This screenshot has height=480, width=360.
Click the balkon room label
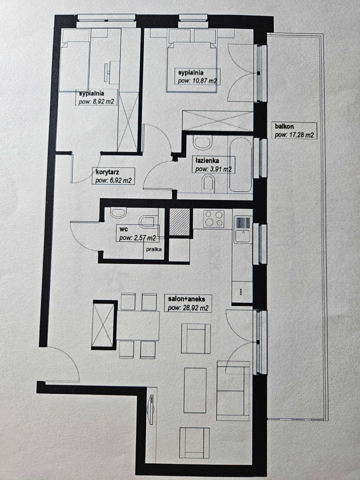pyautogui.click(x=284, y=126)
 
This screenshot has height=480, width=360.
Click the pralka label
pyautogui.click(x=153, y=249)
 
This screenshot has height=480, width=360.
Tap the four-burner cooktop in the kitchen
pyautogui.click(x=214, y=218)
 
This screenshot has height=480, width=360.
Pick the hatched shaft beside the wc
pyautogui.click(x=179, y=222)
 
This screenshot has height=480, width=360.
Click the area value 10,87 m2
pyautogui.click(x=197, y=81)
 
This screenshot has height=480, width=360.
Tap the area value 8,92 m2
pyautogui.click(x=96, y=101)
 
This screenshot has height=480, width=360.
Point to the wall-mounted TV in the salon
pyautogui.click(x=150, y=409)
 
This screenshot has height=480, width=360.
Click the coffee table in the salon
pyautogui.click(x=195, y=390)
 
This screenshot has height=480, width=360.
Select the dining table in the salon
pyautogui.click(x=138, y=325)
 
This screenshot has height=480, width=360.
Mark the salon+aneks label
pyautogui.click(x=186, y=298)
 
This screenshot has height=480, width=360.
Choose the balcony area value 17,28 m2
pyautogui.click(x=294, y=134)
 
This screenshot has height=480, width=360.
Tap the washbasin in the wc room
pyautogui.click(x=118, y=212)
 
